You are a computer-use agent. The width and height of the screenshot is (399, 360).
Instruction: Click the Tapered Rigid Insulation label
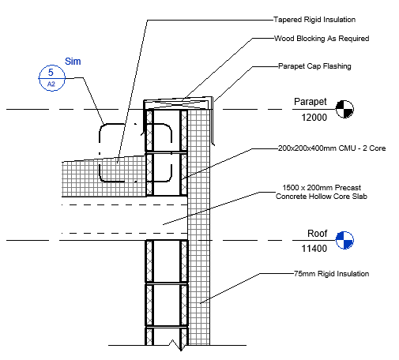pos(314,20)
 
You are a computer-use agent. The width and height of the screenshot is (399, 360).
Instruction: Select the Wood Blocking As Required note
pos(322,39)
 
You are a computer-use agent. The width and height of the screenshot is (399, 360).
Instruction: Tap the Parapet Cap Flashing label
pos(314,66)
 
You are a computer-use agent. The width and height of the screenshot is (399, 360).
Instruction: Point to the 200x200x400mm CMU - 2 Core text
pos(332,148)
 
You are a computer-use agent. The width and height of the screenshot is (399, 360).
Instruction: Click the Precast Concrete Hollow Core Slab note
pos(322,192)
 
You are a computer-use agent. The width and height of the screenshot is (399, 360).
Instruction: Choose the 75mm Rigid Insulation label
pos(331,274)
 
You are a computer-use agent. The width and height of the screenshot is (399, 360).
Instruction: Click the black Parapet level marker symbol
pos(344,109)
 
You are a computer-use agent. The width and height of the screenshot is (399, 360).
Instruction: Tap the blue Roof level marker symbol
pos(344,240)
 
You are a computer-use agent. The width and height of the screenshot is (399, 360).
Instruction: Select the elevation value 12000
pos(314,118)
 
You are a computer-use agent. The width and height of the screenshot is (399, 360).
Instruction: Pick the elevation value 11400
pos(314,249)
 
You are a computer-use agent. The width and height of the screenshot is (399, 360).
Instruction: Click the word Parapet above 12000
pos(311,102)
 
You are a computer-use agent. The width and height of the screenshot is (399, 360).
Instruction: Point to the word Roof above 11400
pos(318,234)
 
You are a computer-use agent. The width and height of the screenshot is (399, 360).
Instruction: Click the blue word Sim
pos(73,62)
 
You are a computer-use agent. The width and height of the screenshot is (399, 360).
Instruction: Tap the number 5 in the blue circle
pos(51,72)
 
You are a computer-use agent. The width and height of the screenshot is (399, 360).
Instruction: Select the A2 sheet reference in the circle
pos(51,84)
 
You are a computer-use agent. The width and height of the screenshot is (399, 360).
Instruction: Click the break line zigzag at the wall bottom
pos(176,345)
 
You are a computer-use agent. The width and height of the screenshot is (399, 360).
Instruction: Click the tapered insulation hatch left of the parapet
pos(104,177)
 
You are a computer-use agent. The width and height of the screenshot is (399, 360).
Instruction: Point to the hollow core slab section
pos(124,219)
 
